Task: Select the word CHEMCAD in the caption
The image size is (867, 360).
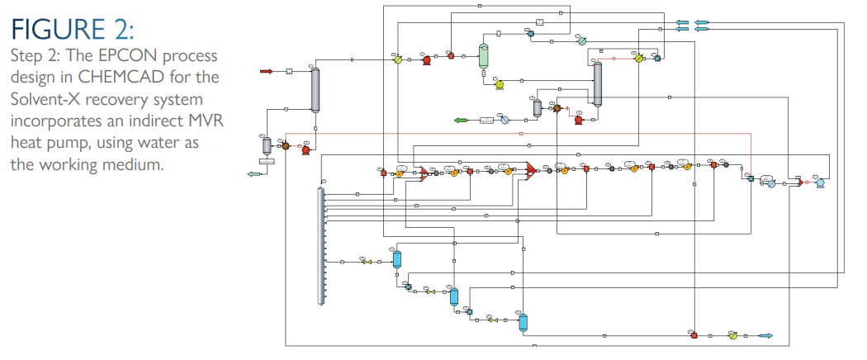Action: pyautogui.click(x=109, y=78)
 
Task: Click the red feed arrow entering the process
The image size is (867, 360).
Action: pyautogui.click(x=266, y=72)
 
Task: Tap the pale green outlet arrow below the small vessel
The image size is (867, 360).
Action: pyautogui.click(x=253, y=173)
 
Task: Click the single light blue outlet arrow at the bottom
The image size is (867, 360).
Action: pyautogui.click(x=765, y=335)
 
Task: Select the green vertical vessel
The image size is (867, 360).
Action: pyautogui.click(x=485, y=55)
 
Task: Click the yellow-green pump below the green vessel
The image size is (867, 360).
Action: pyautogui.click(x=499, y=83)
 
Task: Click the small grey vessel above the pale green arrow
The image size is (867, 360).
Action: pyautogui.click(x=267, y=145)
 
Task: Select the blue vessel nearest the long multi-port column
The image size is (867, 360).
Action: pyautogui.click(x=396, y=259)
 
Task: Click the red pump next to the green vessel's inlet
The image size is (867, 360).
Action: pyautogui.click(x=427, y=59)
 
